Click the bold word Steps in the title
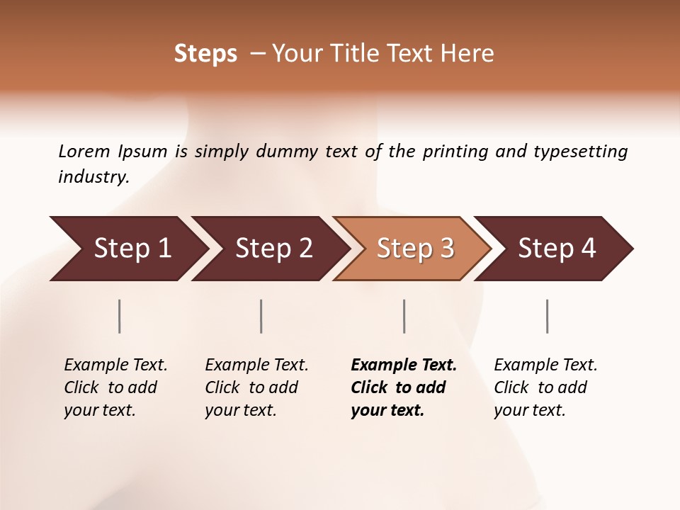pyautogui.click(x=205, y=54)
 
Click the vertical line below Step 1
pyautogui.click(x=120, y=316)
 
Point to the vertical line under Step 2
pyautogui.click(x=261, y=316)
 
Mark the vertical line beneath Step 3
pyautogui.click(x=404, y=316)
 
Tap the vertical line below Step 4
pyautogui.click(x=548, y=316)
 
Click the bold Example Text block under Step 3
pyautogui.click(x=404, y=387)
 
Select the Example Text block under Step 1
pyautogui.click(x=115, y=387)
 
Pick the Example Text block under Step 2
pyautogui.click(x=256, y=387)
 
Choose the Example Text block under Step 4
pyautogui.click(x=545, y=387)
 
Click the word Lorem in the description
pyautogui.click(x=84, y=152)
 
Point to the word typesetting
pyautogui.click(x=580, y=152)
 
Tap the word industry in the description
pyautogui.click(x=93, y=177)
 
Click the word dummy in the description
pyautogui.click(x=288, y=152)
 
